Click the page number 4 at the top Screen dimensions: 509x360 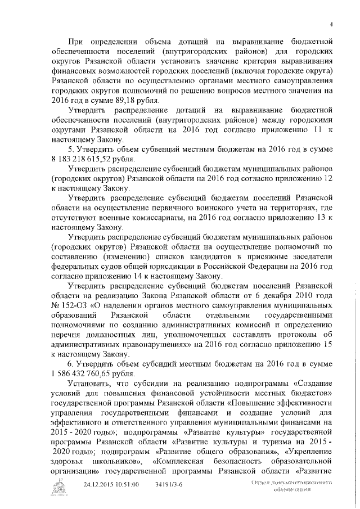(x=331, y=23)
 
